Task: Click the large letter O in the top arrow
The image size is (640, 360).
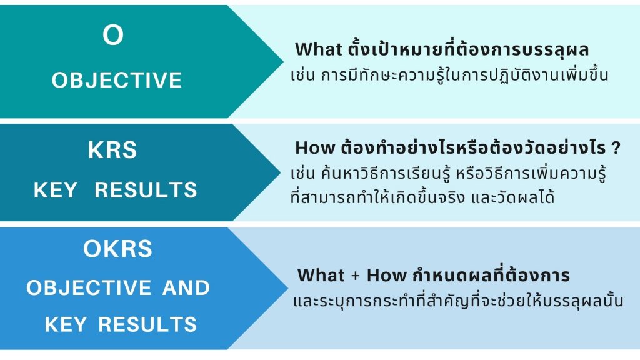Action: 113,35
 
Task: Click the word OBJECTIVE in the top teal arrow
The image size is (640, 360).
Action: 117,80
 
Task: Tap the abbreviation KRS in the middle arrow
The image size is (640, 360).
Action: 112,150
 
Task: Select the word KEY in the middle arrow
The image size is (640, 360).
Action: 56,190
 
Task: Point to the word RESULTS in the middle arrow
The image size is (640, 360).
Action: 146,190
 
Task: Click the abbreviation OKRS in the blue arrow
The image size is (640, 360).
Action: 118,249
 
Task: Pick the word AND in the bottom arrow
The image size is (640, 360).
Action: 186,287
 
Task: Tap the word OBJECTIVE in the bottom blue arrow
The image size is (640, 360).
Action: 89,287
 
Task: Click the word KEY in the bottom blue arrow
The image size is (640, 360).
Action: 66,325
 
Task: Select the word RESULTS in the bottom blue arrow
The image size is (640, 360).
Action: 147,325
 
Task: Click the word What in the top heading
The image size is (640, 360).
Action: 319,49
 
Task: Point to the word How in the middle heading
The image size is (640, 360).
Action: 315,147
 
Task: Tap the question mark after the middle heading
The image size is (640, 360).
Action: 616,147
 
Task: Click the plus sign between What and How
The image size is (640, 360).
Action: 356,276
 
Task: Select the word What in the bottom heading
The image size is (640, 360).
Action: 321,275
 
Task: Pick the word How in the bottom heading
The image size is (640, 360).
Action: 387,275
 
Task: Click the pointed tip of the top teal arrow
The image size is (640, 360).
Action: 283,62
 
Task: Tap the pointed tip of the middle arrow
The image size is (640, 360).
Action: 280,172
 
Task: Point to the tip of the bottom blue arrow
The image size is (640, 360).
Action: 287,288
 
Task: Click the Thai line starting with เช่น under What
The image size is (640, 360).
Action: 449,75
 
